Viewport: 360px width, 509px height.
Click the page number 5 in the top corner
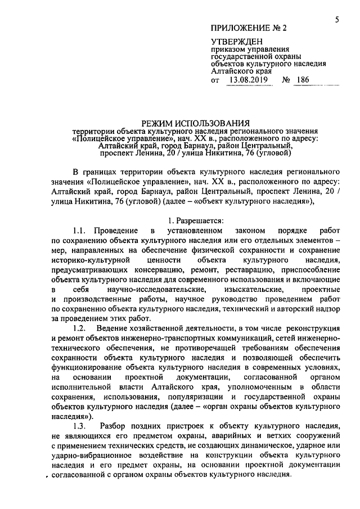(x=336, y=20)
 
